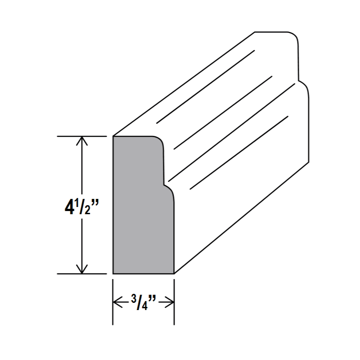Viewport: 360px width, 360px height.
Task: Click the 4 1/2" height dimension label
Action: pos(81,207)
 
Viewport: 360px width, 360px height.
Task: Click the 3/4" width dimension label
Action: pos(144,302)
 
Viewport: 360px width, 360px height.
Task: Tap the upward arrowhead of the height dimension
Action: pos(82,141)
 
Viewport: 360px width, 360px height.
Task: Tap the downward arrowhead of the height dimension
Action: pos(82,269)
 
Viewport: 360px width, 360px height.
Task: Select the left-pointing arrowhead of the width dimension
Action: pos(118,302)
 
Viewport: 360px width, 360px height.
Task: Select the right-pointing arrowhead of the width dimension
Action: pos(169,302)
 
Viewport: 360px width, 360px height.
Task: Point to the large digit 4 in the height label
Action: pos(69,207)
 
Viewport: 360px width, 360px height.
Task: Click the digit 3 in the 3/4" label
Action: pos(134,299)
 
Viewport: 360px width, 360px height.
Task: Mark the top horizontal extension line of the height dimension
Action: pos(82,136)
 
